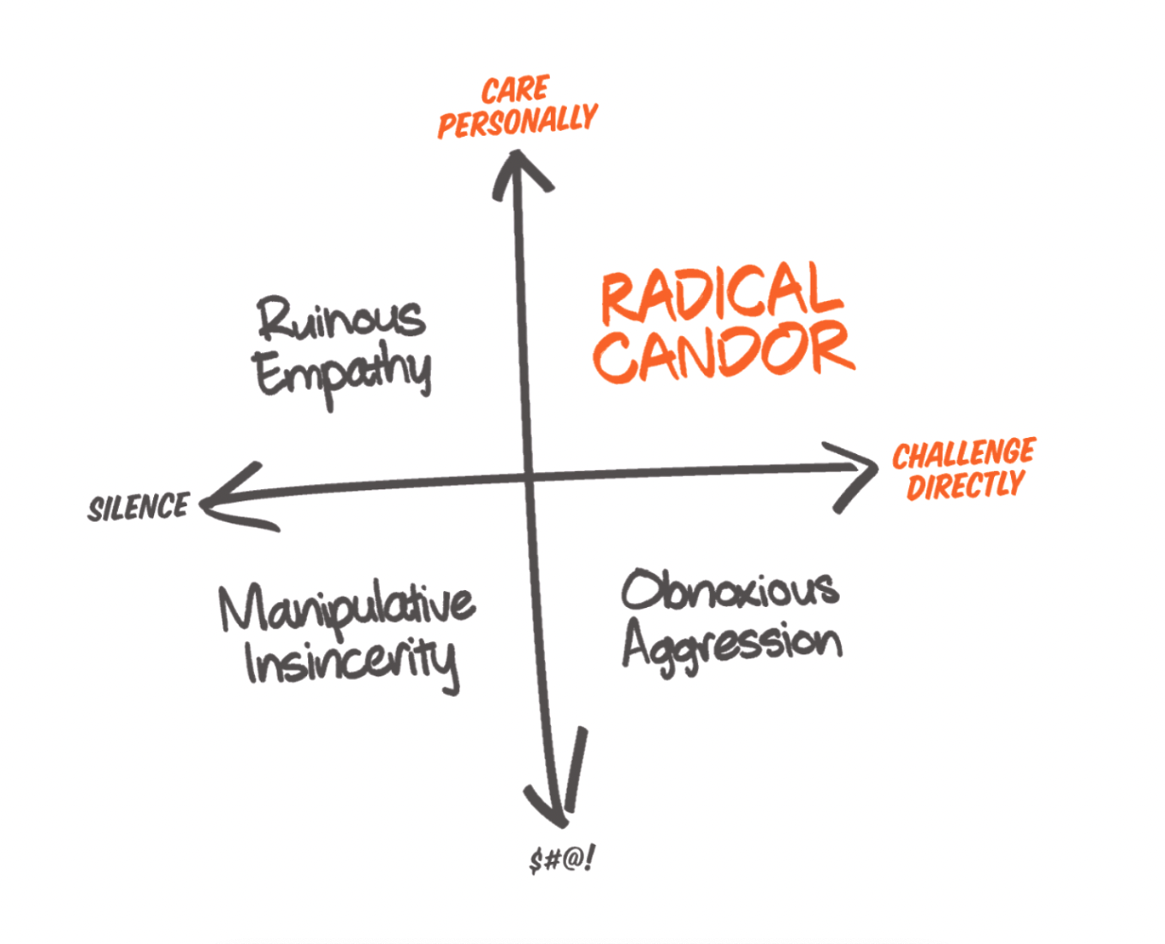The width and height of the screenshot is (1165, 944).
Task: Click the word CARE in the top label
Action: (515, 89)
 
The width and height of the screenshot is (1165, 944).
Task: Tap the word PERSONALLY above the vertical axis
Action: (517, 121)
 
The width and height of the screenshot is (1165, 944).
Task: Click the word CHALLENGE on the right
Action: (964, 453)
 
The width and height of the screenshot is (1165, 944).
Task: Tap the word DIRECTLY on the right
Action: (966, 484)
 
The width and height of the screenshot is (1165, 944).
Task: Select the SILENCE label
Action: (139, 507)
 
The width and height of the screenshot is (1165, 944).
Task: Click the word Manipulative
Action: (346, 610)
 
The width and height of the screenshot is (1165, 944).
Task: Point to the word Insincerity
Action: (352, 664)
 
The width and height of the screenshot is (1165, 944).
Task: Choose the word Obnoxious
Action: (730, 589)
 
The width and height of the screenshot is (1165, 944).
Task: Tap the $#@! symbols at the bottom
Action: (562, 860)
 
